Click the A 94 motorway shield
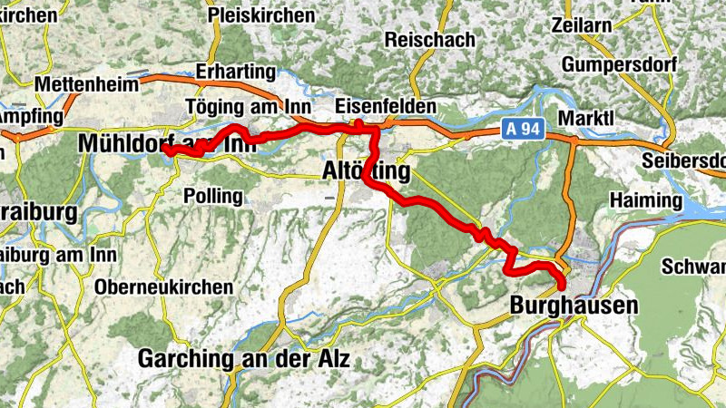tap(521, 131)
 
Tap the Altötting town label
tap(367, 170)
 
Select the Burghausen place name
tap(574, 306)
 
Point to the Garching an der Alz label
tap(244, 359)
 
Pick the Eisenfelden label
tap(386, 106)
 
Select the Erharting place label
tap(235, 72)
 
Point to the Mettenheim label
tap(87, 84)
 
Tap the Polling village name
tap(212, 196)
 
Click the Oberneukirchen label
tap(163, 287)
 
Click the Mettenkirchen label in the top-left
tap(27, 15)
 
